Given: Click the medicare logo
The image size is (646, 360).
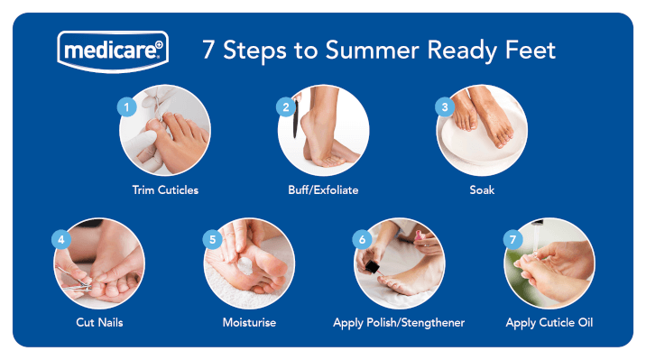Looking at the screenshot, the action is click(x=113, y=51).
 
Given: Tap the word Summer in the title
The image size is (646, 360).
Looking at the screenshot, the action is click(x=372, y=51).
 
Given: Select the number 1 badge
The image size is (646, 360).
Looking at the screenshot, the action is click(x=127, y=107).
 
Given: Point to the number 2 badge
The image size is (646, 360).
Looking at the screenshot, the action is click(x=286, y=107).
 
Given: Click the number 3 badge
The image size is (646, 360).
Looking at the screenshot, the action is click(x=445, y=107).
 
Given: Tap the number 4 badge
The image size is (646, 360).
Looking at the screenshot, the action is click(x=61, y=239).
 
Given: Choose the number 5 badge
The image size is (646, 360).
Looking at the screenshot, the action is click(x=213, y=239).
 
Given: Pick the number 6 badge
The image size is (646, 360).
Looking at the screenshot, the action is click(x=362, y=239).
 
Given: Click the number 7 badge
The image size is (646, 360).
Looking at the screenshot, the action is click(x=513, y=239).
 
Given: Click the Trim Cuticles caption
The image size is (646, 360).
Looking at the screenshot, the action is click(x=165, y=189).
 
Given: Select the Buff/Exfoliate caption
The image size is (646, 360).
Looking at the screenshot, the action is click(x=323, y=189).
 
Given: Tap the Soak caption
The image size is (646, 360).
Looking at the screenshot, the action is click(x=482, y=189).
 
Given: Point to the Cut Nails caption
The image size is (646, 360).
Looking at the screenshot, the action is click(x=99, y=322).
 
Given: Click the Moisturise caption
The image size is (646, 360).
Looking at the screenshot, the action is click(x=249, y=322).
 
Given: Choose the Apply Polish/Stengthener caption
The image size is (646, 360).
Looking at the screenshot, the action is click(x=399, y=322).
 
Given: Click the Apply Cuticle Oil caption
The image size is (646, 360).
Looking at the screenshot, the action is click(x=549, y=322).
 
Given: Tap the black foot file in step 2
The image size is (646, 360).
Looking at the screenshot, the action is click(x=295, y=118).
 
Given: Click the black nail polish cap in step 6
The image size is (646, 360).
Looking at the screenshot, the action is click(x=373, y=267).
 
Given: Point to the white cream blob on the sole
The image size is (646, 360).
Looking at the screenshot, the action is click(x=245, y=265).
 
